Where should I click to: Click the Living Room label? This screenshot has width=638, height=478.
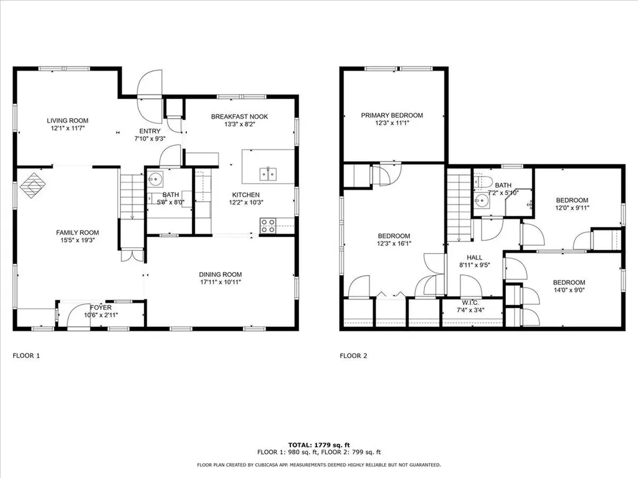click(x=67, y=121)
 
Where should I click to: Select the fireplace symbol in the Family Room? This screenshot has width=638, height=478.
click(x=32, y=185)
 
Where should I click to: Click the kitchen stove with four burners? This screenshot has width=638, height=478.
click(x=269, y=225)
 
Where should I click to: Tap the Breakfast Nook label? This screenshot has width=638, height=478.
click(x=239, y=116)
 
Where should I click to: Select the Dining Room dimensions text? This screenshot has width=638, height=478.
click(x=220, y=282)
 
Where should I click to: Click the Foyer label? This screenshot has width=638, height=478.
click(x=100, y=307)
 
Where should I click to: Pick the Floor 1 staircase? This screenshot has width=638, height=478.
click(x=132, y=196)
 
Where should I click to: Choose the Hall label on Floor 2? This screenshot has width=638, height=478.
click(x=475, y=256)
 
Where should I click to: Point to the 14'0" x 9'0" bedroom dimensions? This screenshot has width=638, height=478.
click(x=569, y=289)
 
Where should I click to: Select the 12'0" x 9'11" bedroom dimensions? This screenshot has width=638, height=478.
click(x=571, y=208)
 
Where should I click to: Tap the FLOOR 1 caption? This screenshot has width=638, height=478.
click(x=26, y=356)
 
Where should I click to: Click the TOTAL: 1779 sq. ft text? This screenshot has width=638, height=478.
click(x=318, y=445)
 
